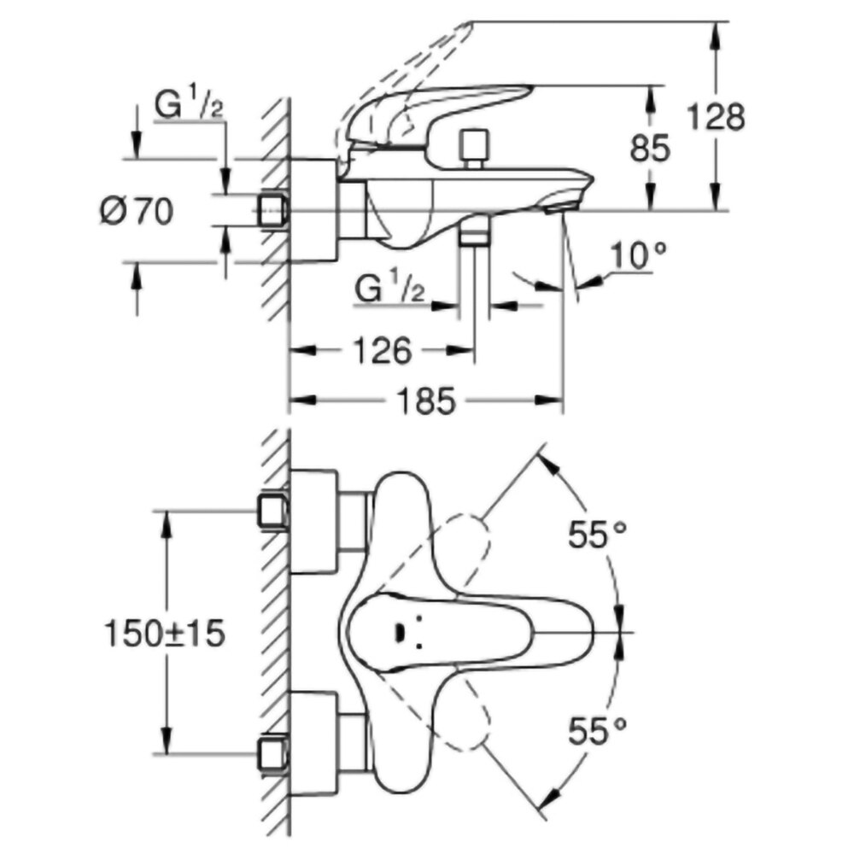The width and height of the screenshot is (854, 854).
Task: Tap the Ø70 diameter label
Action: pos(135,209)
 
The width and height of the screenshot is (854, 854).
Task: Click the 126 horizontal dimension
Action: pos(383,351)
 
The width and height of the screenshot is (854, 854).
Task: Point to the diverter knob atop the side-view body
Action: pos(472,146)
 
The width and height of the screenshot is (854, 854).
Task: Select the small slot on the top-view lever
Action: pos(398,632)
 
